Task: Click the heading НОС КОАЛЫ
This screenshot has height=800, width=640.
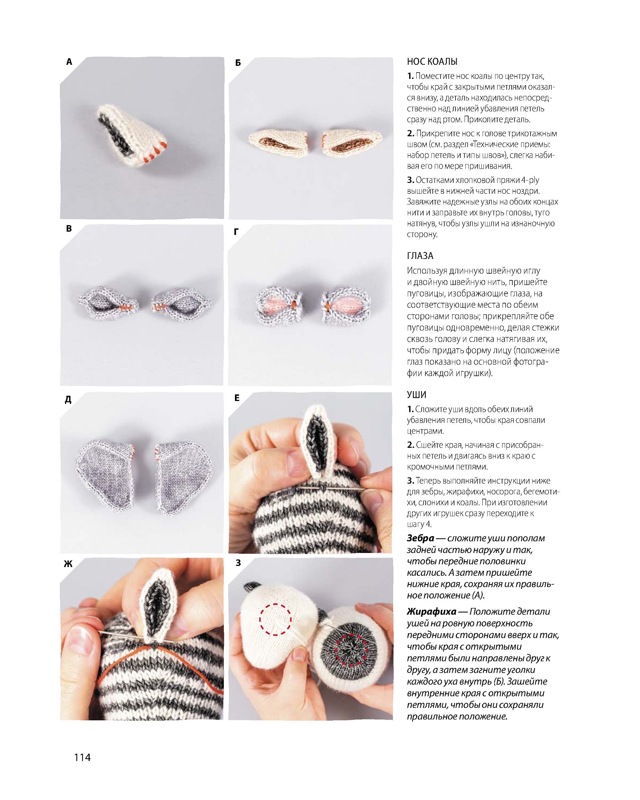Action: click(432, 62)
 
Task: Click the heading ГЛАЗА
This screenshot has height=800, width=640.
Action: click(420, 256)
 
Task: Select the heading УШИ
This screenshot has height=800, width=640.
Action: click(416, 394)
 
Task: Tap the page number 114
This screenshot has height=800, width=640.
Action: click(82, 757)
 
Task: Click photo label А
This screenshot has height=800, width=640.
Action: click(69, 62)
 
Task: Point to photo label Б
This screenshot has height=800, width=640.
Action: click(238, 63)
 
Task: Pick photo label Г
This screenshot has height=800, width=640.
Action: click(236, 232)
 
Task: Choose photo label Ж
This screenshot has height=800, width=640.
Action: click(68, 564)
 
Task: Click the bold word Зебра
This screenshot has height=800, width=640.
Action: click(420, 538)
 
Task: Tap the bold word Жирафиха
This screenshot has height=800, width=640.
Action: click(431, 611)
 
